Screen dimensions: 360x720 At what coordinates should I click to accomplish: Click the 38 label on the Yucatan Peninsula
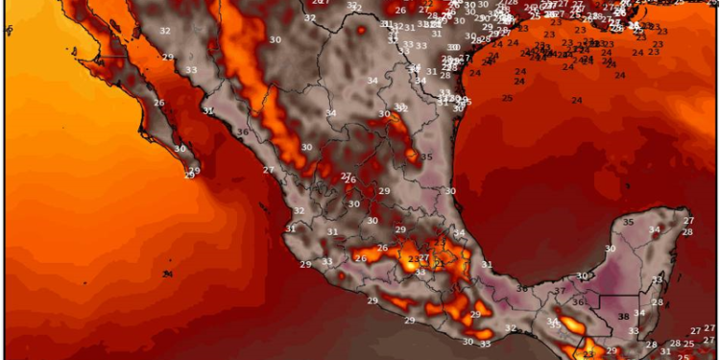pyautogui.click(x=624, y=316)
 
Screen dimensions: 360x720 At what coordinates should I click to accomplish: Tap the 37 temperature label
pyautogui.click(x=560, y=291)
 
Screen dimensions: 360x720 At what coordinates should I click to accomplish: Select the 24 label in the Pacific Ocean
pyautogui.click(x=167, y=275)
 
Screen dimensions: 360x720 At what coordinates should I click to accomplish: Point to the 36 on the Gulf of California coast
pyautogui.click(x=243, y=132)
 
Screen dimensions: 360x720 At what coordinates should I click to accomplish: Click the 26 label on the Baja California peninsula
pyautogui.click(x=158, y=104)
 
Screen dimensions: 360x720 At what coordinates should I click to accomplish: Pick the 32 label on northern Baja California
pyautogui.click(x=165, y=31)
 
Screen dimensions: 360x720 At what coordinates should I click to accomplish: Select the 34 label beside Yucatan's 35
pyautogui.click(x=654, y=229)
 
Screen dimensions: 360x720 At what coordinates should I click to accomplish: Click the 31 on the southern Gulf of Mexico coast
pyautogui.click(x=487, y=264)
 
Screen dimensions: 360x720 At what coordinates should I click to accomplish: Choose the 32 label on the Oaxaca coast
pyautogui.click(x=511, y=328)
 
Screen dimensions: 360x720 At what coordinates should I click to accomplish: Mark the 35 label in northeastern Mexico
pyautogui.click(x=426, y=156)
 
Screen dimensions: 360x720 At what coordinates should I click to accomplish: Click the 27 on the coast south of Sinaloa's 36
pyautogui.click(x=269, y=170)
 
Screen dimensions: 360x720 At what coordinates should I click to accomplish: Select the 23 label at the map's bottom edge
pyautogui.click(x=588, y=354)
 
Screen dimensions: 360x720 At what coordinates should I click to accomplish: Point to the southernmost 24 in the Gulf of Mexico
pyautogui.click(x=576, y=101)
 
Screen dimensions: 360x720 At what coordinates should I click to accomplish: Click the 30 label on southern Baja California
pyautogui.click(x=180, y=149)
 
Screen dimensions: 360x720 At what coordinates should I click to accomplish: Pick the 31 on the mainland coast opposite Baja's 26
pyautogui.click(x=208, y=110)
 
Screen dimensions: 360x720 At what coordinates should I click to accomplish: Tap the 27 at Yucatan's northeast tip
pyautogui.click(x=688, y=221)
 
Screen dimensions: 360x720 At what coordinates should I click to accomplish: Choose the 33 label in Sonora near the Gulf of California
pyautogui.click(x=192, y=70)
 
